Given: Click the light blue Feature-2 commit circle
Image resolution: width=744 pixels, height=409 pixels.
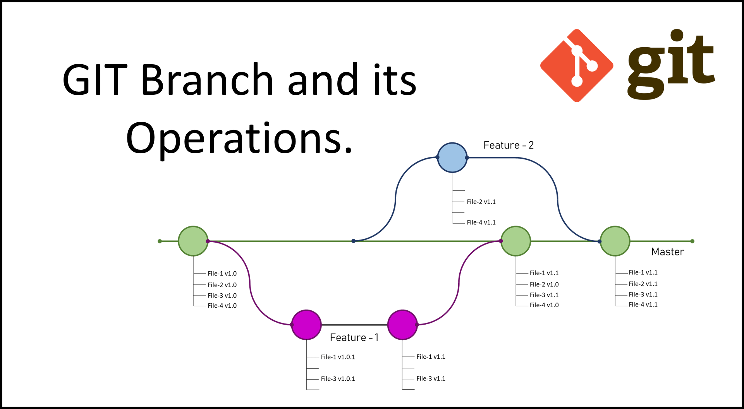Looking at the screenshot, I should click(x=452, y=157).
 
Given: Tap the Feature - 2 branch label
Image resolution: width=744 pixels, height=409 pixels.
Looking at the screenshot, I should click(x=509, y=145).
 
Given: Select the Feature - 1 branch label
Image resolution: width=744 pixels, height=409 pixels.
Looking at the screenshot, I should click(x=354, y=337).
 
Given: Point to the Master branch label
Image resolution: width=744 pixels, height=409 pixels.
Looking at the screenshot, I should click(x=668, y=252).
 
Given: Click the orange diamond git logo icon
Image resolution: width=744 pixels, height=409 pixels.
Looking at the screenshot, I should click(x=577, y=65).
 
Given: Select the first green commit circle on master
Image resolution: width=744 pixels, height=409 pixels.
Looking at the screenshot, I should click(x=193, y=241).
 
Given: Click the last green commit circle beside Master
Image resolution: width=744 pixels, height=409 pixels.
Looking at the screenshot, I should click(x=615, y=241).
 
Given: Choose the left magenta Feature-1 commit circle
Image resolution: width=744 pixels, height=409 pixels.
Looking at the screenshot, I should click(x=306, y=325).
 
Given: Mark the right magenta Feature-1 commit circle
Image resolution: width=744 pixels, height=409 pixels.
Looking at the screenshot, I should click(x=402, y=325).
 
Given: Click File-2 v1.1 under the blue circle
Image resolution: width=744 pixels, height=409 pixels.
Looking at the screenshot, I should click(x=481, y=202).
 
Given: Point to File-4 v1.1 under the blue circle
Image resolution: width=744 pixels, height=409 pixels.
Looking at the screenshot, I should click(x=481, y=222).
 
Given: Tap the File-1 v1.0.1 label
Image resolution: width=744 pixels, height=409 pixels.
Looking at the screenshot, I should click(x=338, y=357).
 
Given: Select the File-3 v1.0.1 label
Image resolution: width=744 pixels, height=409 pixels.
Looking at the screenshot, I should click(x=338, y=378).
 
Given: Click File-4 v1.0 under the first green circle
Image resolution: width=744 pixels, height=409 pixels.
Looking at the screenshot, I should click(x=222, y=305).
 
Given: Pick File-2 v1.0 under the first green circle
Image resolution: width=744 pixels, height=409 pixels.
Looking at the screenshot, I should click(x=222, y=285).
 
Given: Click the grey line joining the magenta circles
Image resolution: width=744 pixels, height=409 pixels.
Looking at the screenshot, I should click(x=354, y=325).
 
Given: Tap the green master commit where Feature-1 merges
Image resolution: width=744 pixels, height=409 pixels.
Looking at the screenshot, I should click(x=516, y=241).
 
